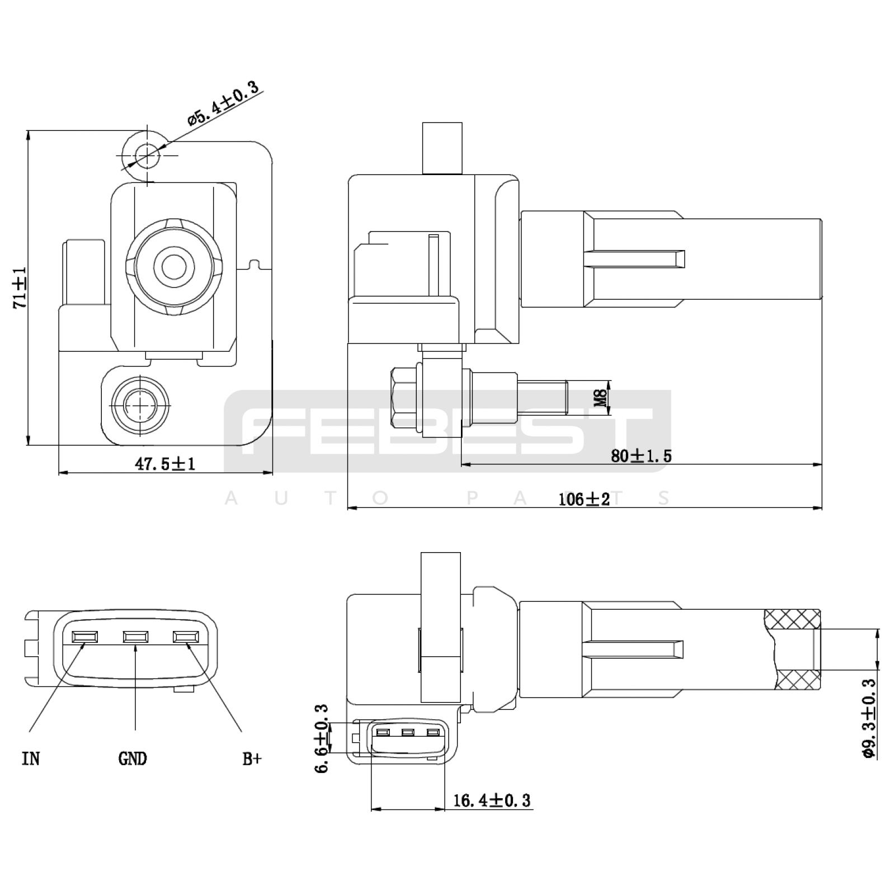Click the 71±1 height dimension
[20, 288]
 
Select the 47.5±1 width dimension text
[166, 464]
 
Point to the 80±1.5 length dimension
[641, 456]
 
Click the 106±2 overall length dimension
[585, 499]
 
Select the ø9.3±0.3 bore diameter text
[869, 718]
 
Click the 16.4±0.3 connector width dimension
[492, 800]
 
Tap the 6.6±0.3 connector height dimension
[322, 738]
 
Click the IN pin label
[31, 759]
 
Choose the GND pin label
[133, 759]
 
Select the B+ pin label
[252, 759]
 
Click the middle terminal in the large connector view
[136, 637]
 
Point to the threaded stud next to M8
[544, 397]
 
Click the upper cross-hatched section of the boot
[792, 619]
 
